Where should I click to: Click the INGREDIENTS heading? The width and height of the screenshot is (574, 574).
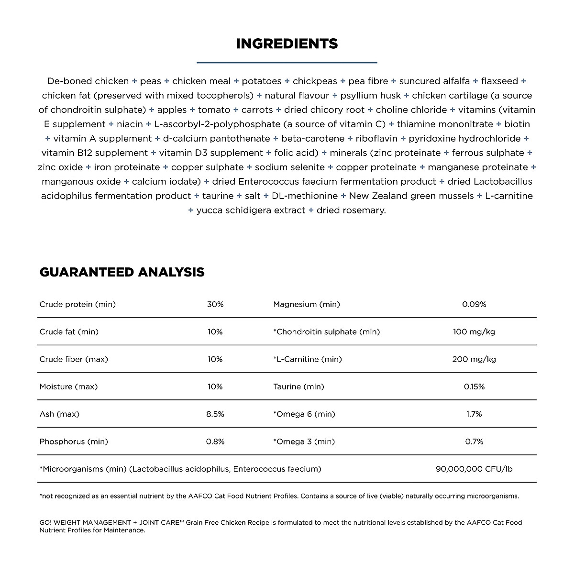tap(287, 44)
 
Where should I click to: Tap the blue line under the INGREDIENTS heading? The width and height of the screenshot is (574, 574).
tap(287, 62)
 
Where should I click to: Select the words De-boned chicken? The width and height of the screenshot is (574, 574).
tap(88, 81)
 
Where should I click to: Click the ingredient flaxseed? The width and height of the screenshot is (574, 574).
tap(499, 81)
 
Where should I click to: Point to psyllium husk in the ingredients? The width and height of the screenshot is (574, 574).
tap(371, 96)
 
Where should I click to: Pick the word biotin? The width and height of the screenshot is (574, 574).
tap(517, 124)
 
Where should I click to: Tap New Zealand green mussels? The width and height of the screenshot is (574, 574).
tap(411, 196)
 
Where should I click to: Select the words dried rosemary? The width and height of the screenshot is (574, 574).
tap(351, 210)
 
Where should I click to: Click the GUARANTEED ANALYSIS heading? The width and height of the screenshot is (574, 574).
tap(122, 272)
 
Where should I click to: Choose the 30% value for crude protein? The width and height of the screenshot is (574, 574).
tap(215, 304)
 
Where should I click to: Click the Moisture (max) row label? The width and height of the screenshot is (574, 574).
tap(68, 386)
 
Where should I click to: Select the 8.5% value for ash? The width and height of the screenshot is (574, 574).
tap(215, 414)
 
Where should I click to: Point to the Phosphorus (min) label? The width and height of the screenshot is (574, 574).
tap(74, 442)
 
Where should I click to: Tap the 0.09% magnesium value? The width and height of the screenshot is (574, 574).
tap(474, 304)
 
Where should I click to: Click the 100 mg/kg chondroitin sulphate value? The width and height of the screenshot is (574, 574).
tap(474, 331)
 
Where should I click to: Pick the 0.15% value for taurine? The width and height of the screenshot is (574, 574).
tap(474, 386)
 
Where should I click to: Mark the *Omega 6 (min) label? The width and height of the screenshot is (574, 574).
tap(304, 414)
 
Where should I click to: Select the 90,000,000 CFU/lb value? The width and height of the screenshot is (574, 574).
tap(474, 469)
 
